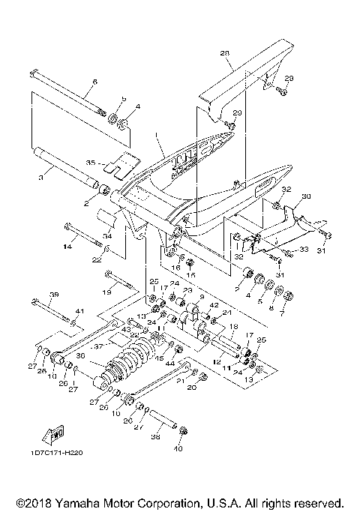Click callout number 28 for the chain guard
[x=223, y=53]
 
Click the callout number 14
[x=67, y=245]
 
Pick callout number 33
[x=304, y=249]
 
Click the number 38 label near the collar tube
[x=155, y=435]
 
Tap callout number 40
[x=178, y=449]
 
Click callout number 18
[x=232, y=327]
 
